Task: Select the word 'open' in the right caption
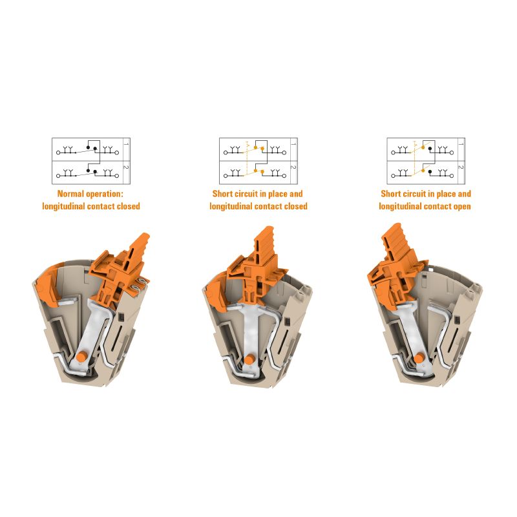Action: [x=460, y=207]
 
